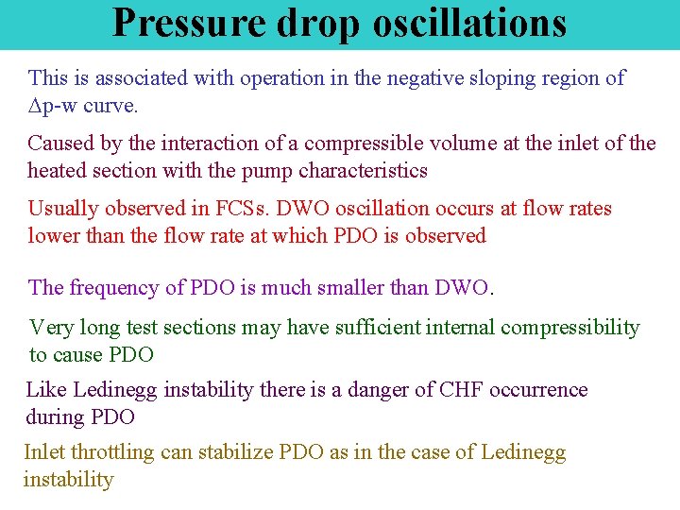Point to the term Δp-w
pos(57,107)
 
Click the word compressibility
pos(570,328)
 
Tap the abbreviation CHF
pos(463,390)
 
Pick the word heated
pos(62,171)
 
